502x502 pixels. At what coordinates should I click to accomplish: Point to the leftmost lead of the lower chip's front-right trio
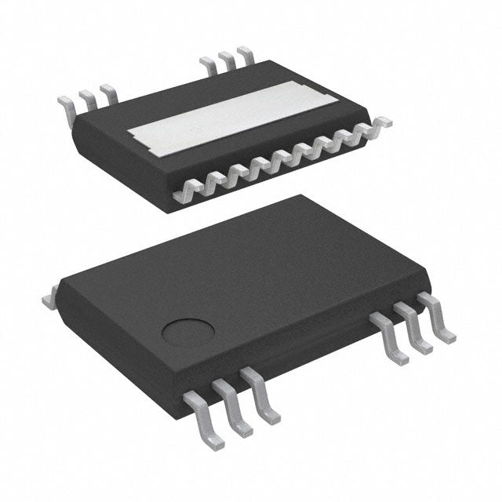click(x=391, y=338)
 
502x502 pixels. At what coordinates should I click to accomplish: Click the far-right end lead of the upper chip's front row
click(x=382, y=123)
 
